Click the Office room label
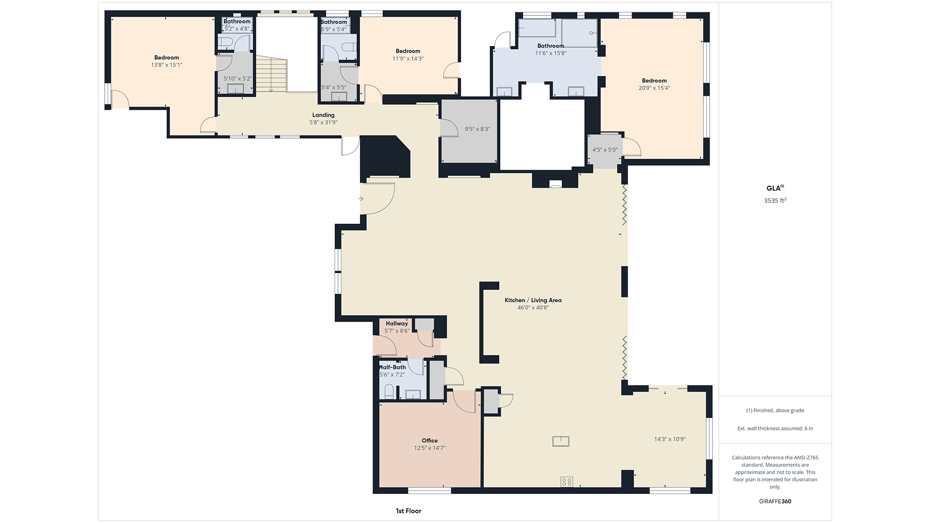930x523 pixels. [x=430, y=441]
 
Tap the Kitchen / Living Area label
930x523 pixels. [x=533, y=300]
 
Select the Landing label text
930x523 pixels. [x=323, y=115]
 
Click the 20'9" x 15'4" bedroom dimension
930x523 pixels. [x=654, y=88]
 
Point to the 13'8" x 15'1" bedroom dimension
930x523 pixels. [x=167, y=65]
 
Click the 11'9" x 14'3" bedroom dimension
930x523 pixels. [x=408, y=59]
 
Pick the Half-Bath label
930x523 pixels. [x=392, y=367]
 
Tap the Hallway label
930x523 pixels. [x=397, y=323]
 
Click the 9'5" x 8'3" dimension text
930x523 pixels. [x=478, y=129]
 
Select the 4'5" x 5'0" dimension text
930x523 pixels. [x=605, y=150]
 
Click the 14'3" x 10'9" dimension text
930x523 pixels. [x=670, y=439]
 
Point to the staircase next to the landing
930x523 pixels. [x=272, y=74]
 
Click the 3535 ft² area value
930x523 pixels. [x=775, y=200]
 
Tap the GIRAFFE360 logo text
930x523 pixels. [x=775, y=501]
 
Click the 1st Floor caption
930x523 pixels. [x=408, y=511]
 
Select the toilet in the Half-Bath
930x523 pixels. [x=388, y=391]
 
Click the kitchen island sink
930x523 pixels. [x=561, y=441]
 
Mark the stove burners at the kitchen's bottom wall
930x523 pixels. [x=567, y=481]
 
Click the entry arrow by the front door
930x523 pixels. [x=361, y=199]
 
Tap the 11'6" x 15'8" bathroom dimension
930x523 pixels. [x=551, y=53]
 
